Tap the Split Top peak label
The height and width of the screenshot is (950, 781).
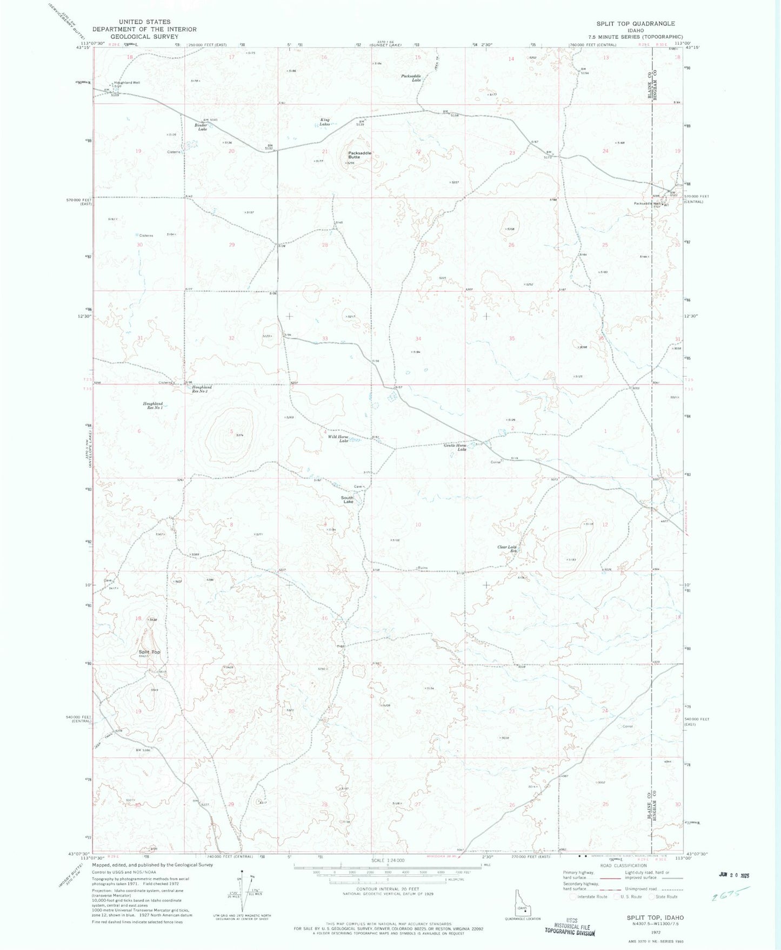(x=149, y=652)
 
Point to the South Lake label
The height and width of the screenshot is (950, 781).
(x=347, y=500)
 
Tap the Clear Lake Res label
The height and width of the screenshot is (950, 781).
(x=508, y=549)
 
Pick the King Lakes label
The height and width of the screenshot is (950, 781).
(x=324, y=122)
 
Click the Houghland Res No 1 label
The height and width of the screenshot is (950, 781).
(x=153, y=406)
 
